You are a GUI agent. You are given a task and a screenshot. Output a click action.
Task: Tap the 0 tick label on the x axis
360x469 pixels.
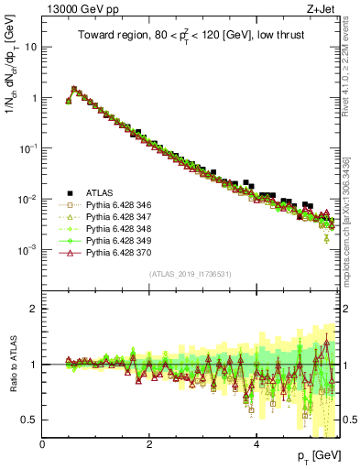[x=42, y=444]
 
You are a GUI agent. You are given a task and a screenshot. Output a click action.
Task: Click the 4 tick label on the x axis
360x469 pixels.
[x=256, y=444]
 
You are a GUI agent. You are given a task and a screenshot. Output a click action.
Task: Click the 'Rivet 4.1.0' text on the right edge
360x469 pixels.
[x=352, y=73]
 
